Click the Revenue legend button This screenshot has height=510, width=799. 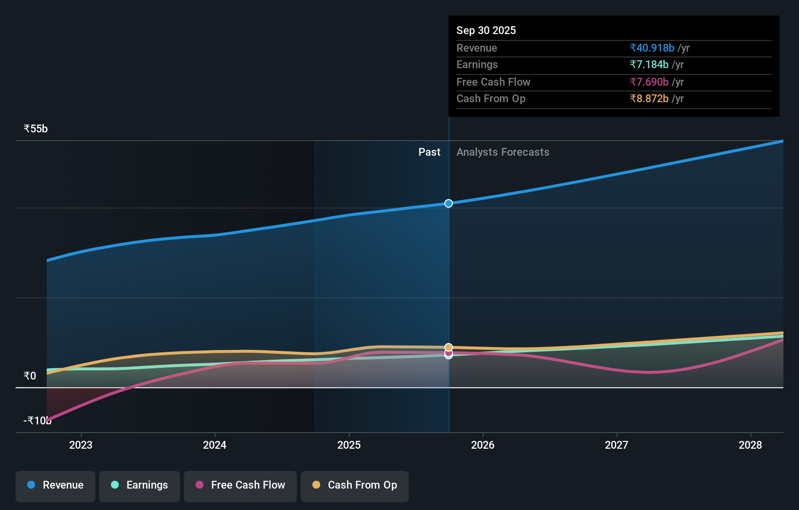(55, 485)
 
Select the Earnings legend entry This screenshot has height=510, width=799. (140, 485)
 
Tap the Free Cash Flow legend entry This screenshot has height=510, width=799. (240, 485)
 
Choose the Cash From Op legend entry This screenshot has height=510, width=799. (355, 485)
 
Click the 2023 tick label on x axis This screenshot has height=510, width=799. (81, 445)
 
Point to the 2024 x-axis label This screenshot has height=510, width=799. (215, 445)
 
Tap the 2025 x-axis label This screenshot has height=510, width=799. (349, 445)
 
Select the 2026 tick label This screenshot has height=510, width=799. (483, 445)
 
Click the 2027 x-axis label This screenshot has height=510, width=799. (617, 445)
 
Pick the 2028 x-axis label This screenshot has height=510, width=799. (750, 445)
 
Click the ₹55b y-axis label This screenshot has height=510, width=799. (36, 129)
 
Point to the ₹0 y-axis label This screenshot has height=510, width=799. (30, 376)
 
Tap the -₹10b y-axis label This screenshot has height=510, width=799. (37, 420)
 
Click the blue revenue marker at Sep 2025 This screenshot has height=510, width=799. (449, 203)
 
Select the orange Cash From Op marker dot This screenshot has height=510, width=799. (449, 347)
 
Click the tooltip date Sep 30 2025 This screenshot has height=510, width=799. (486, 30)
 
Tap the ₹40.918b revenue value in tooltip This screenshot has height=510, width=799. (652, 48)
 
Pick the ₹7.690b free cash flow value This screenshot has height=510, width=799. (649, 82)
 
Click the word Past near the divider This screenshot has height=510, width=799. (429, 152)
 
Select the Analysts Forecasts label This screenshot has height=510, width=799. (503, 152)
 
